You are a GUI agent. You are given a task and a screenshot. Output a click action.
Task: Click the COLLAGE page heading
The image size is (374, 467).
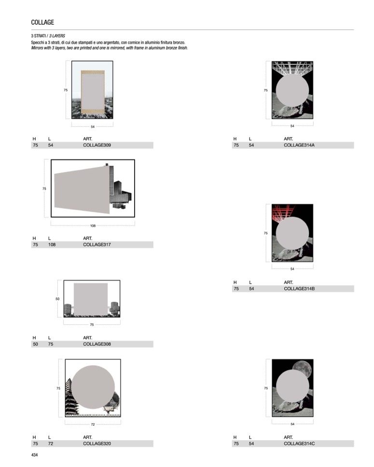click(42, 22)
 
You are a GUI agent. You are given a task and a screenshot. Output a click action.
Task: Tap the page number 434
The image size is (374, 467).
click(35, 455)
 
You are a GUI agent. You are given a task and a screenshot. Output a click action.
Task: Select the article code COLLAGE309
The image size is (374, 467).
click(97, 145)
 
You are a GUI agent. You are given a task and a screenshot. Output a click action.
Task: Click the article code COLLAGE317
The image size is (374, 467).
click(97, 245)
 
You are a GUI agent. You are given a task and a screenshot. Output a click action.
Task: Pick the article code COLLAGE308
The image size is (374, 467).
click(97, 344)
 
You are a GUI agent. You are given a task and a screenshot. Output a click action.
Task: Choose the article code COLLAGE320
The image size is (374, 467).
click(97, 444)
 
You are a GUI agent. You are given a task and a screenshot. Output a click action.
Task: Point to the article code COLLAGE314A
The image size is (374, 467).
click(299, 145)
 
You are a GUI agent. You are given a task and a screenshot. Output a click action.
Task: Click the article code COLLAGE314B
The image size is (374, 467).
click(299, 289)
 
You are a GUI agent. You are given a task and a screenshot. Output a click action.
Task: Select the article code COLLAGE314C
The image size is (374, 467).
click(299, 444)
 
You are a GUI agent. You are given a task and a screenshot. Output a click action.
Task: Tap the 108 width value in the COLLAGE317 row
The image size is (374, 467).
click(52, 245)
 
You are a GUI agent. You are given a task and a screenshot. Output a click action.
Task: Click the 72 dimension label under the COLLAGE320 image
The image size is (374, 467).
click(93, 425)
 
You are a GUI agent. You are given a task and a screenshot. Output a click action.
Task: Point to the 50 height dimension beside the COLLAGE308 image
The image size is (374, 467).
click(57, 299)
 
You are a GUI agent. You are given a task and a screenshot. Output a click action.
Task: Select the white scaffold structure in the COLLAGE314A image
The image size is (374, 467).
click(292, 68)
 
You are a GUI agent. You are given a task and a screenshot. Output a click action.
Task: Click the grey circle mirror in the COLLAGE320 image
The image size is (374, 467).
click(93, 387)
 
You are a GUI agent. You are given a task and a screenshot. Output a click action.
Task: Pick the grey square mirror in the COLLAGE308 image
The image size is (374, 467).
click(91, 299)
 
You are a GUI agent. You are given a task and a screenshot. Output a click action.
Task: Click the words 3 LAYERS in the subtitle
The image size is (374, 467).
click(57, 36)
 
